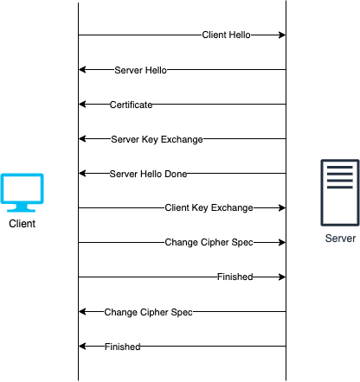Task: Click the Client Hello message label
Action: tap(226, 35)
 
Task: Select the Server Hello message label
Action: tap(140, 70)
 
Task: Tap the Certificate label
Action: tap(131, 105)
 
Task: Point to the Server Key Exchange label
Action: tap(157, 139)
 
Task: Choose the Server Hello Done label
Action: tap(148, 174)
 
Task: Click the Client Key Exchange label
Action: tap(209, 207)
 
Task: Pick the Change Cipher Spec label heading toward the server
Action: tap(209, 242)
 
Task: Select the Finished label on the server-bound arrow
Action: tap(235, 277)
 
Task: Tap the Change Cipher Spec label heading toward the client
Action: tap(148, 312)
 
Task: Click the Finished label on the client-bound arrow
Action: tap(122, 347)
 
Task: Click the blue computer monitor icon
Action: tap(22, 193)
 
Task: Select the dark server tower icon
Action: tap(340, 193)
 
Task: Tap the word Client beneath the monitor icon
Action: tap(22, 224)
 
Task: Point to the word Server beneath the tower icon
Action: tap(340, 239)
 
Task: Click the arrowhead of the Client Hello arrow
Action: tap(282, 35)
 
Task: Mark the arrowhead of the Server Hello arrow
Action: tap(82, 69)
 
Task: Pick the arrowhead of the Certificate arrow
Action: tap(82, 104)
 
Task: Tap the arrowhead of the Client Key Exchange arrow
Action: tap(282, 207)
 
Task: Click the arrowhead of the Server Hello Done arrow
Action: tap(82, 173)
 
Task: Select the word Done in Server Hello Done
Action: tap(176, 174)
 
